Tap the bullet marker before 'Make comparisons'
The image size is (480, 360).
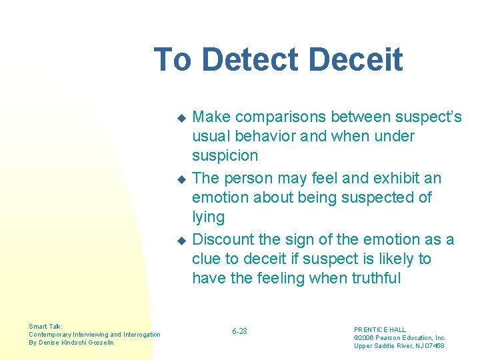(180, 118)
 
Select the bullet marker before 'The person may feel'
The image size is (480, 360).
(180, 179)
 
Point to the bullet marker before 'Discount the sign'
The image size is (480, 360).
(180, 241)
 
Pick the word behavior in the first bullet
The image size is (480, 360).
(259, 137)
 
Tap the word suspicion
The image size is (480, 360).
(225, 156)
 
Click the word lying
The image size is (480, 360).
(208, 217)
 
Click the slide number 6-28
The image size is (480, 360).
(239, 331)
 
